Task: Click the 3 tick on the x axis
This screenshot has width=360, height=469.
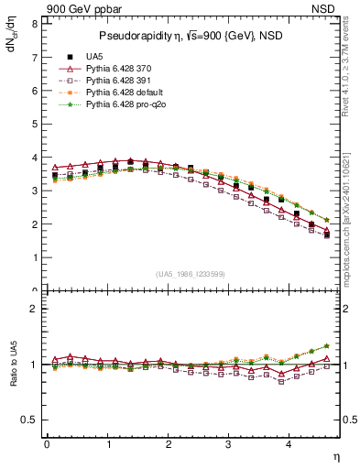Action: tap(229, 444)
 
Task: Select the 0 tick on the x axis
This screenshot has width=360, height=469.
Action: tap(47, 444)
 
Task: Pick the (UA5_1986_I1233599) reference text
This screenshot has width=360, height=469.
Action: tap(191, 274)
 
